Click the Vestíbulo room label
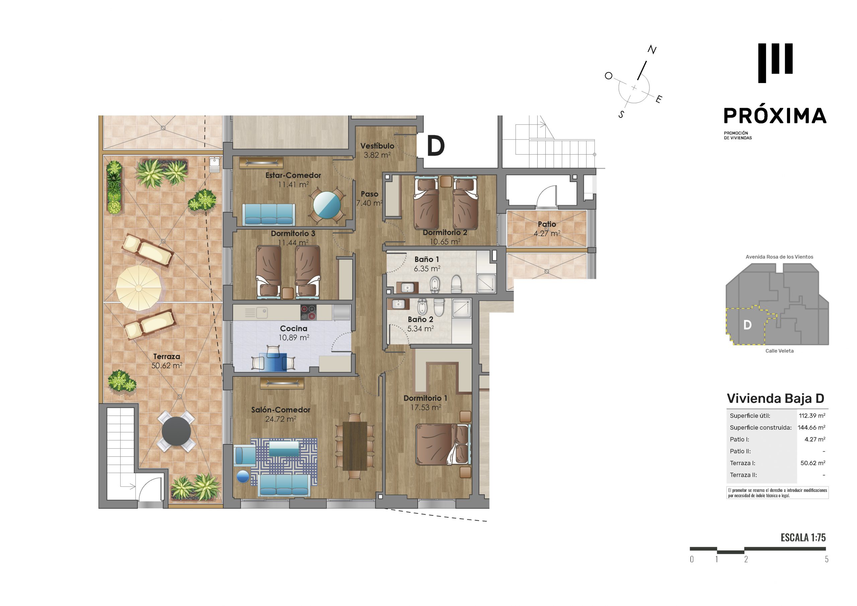[x=377, y=146]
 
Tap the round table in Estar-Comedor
[x=327, y=205]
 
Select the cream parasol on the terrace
[x=139, y=287]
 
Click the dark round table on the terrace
[x=176, y=431]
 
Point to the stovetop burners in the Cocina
[x=308, y=313]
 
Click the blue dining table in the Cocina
[x=273, y=362]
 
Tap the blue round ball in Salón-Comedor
[x=243, y=477]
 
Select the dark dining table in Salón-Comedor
[x=355, y=446]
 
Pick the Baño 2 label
[x=420, y=320]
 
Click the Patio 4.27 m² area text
[x=547, y=234]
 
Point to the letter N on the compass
[x=652, y=50]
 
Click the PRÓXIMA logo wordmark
[x=775, y=116]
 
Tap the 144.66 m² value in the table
[x=811, y=428]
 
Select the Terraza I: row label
[x=743, y=463]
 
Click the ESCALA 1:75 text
[x=803, y=538]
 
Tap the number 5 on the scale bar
[x=827, y=559]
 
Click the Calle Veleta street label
[x=779, y=351]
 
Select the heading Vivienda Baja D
[x=775, y=399]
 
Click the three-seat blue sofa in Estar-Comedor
[x=269, y=214]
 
